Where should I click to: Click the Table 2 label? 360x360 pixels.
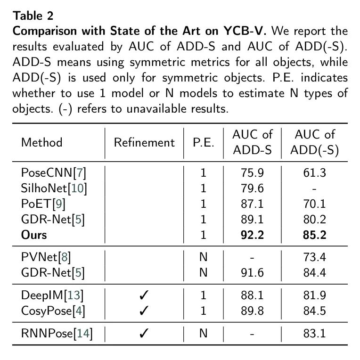33,16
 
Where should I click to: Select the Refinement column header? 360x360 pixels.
144,142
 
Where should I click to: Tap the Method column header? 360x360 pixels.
41,142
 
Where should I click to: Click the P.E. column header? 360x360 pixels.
204,142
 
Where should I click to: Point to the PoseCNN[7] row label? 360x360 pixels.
53,172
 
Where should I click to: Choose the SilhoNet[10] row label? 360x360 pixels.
54,188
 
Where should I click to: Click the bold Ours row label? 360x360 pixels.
34,235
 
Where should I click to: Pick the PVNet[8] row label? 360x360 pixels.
46,257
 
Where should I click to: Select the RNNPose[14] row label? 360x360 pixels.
57,334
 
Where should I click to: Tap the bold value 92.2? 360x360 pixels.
252,235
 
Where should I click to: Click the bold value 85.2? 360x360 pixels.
315,235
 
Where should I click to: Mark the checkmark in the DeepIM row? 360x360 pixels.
144,296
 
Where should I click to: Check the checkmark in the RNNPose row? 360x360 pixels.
144,334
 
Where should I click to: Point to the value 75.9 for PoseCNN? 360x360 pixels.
252,172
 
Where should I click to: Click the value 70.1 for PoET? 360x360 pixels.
315,204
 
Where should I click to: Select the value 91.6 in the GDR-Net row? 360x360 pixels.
252,273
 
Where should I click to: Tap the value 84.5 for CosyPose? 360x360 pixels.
315,311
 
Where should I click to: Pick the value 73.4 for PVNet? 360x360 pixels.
315,257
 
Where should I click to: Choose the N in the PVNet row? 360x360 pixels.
204,257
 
